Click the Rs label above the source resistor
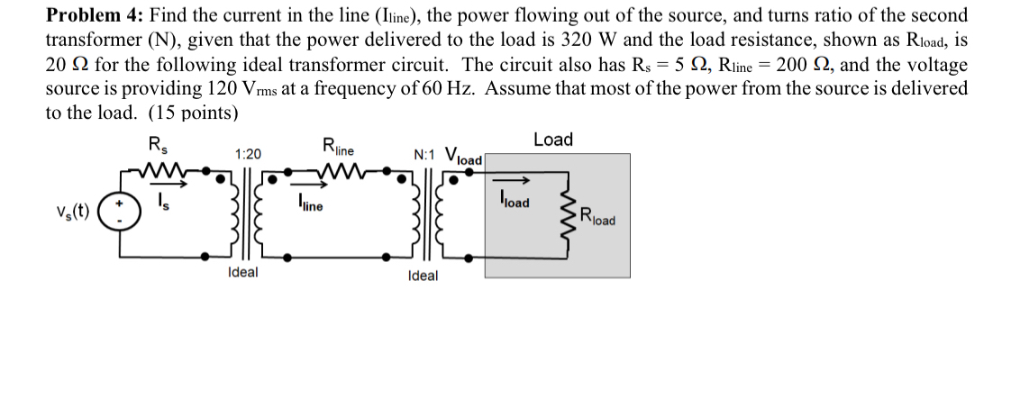click(x=156, y=145)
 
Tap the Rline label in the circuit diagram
click(x=338, y=146)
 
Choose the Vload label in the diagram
click(x=464, y=155)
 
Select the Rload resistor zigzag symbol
click(x=569, y=217)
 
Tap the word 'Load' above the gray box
click(x=552, y=140)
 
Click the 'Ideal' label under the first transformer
click(x=242, y=273)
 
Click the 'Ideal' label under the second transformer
click(x=423, y=276)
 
